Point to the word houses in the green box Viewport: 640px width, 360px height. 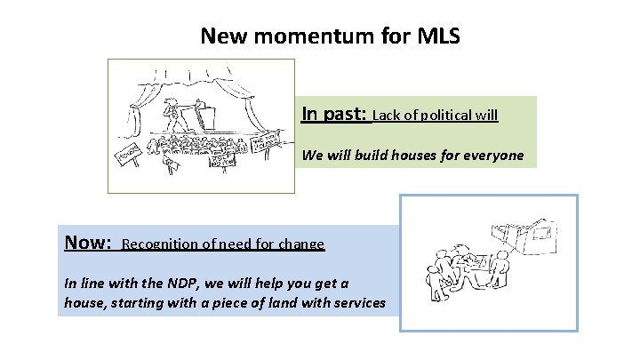[x=412, y=156]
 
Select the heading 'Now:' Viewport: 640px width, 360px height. [x=88, y=242]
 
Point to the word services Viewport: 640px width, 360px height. [x=359, y=303]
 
